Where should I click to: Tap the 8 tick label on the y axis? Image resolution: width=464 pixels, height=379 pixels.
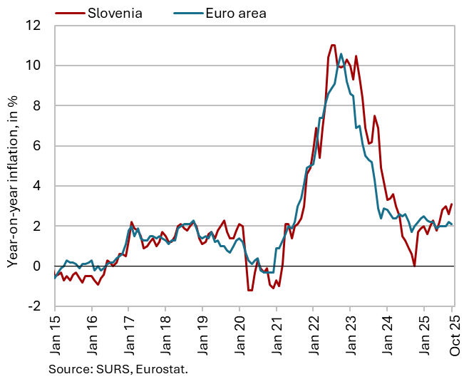(42, 105)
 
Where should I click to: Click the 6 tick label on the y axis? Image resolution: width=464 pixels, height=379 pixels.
(42, 146)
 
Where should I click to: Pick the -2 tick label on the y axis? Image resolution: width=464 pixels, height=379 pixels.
(40, 306)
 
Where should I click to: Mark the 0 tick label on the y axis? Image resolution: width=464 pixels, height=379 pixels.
(42, 266)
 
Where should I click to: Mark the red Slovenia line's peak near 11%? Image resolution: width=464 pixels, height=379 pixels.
(333, 45)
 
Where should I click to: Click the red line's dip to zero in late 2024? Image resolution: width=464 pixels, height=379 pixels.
(414, 266)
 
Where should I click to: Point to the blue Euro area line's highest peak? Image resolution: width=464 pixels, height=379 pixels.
(341, 53)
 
